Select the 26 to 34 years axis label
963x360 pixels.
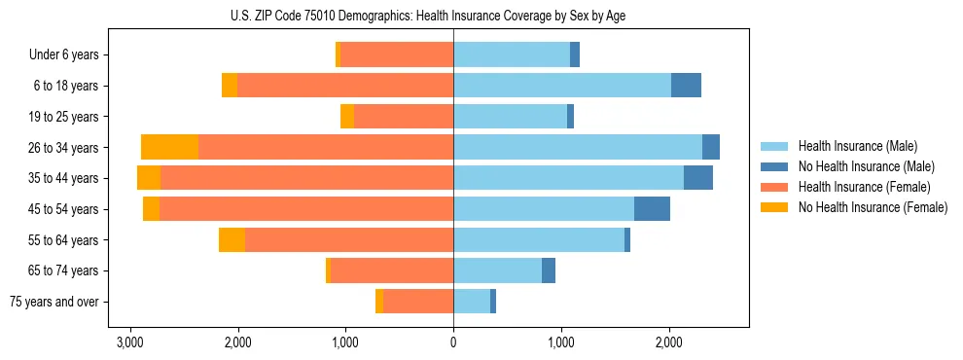[x=63, y=148]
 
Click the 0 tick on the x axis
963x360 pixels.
[x=453, y=342]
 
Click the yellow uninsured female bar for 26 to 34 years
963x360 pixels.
[x=169, y=147]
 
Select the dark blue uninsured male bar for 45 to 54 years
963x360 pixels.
[x=652, y=208]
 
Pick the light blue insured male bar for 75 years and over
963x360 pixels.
[x=472, y=302]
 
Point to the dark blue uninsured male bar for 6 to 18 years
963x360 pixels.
[x=686, y=86]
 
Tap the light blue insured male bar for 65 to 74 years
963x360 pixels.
[x=497, y=270]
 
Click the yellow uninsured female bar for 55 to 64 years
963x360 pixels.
[x=232, y=239]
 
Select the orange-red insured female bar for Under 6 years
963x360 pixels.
[x=397, y=55]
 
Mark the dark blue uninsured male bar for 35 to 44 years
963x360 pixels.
[x=698, y=178]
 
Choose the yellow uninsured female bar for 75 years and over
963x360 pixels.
[x=379, y=302]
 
